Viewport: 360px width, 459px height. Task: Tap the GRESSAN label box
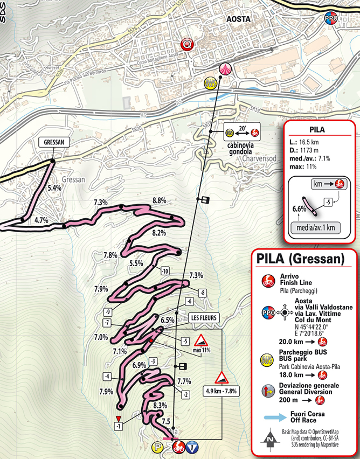coord(52,142)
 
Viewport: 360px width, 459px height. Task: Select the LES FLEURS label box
coord(203,318)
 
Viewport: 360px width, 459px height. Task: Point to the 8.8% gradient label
coord(159,200)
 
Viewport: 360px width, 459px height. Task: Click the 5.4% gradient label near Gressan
coord(54,188)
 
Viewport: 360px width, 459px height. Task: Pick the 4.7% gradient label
coord(41,220)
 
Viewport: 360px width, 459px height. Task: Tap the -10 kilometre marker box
coord(165,270)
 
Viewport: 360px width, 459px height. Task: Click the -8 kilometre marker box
coord(202,293)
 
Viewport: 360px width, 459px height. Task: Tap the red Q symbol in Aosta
coord(187,43)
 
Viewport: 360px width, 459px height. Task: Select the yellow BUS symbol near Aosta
coord(210,84)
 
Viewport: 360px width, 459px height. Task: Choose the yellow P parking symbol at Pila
coord(157,447)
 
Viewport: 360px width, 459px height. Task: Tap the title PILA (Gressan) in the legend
coord(300,258)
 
